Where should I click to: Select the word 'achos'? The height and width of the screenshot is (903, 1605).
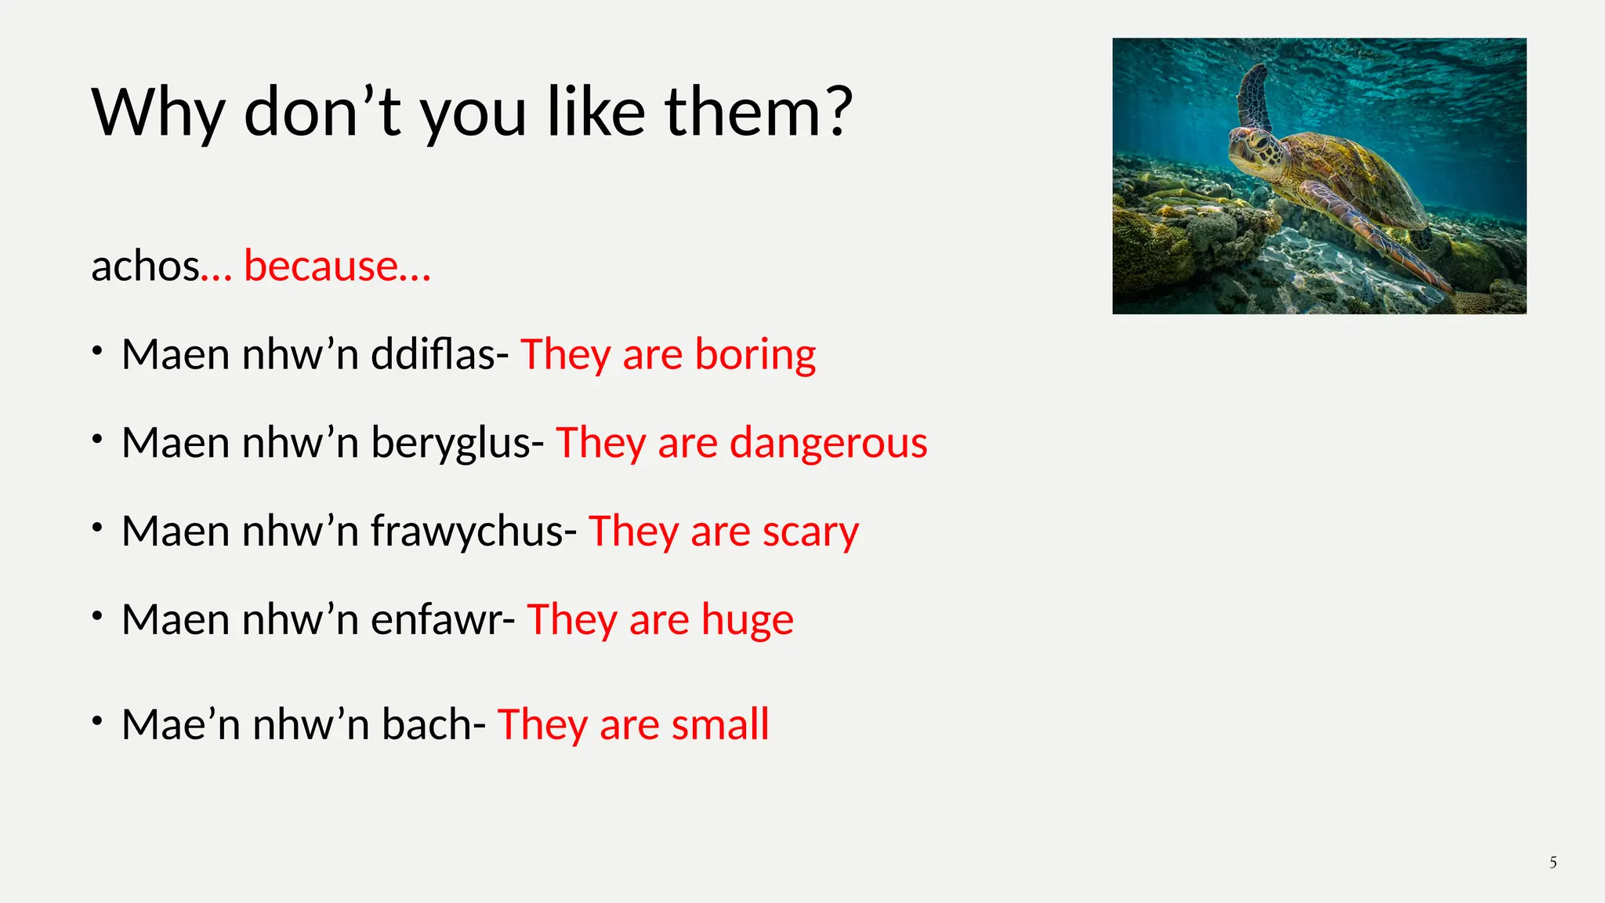pos(146,266)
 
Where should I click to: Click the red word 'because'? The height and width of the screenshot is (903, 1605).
pos(321,266)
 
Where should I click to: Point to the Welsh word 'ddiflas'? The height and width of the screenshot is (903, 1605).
pos(433,354)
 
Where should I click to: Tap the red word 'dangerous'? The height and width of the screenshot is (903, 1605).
pos(828,443)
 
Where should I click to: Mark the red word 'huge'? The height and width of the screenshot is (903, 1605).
pos(747,620)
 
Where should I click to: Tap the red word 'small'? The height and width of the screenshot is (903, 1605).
pos(720,724)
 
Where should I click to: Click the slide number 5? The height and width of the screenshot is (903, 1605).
pos(1552,863)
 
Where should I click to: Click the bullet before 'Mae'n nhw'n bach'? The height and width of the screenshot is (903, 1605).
pos(97,720)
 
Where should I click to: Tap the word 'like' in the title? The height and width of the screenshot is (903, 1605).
pos(596,112)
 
